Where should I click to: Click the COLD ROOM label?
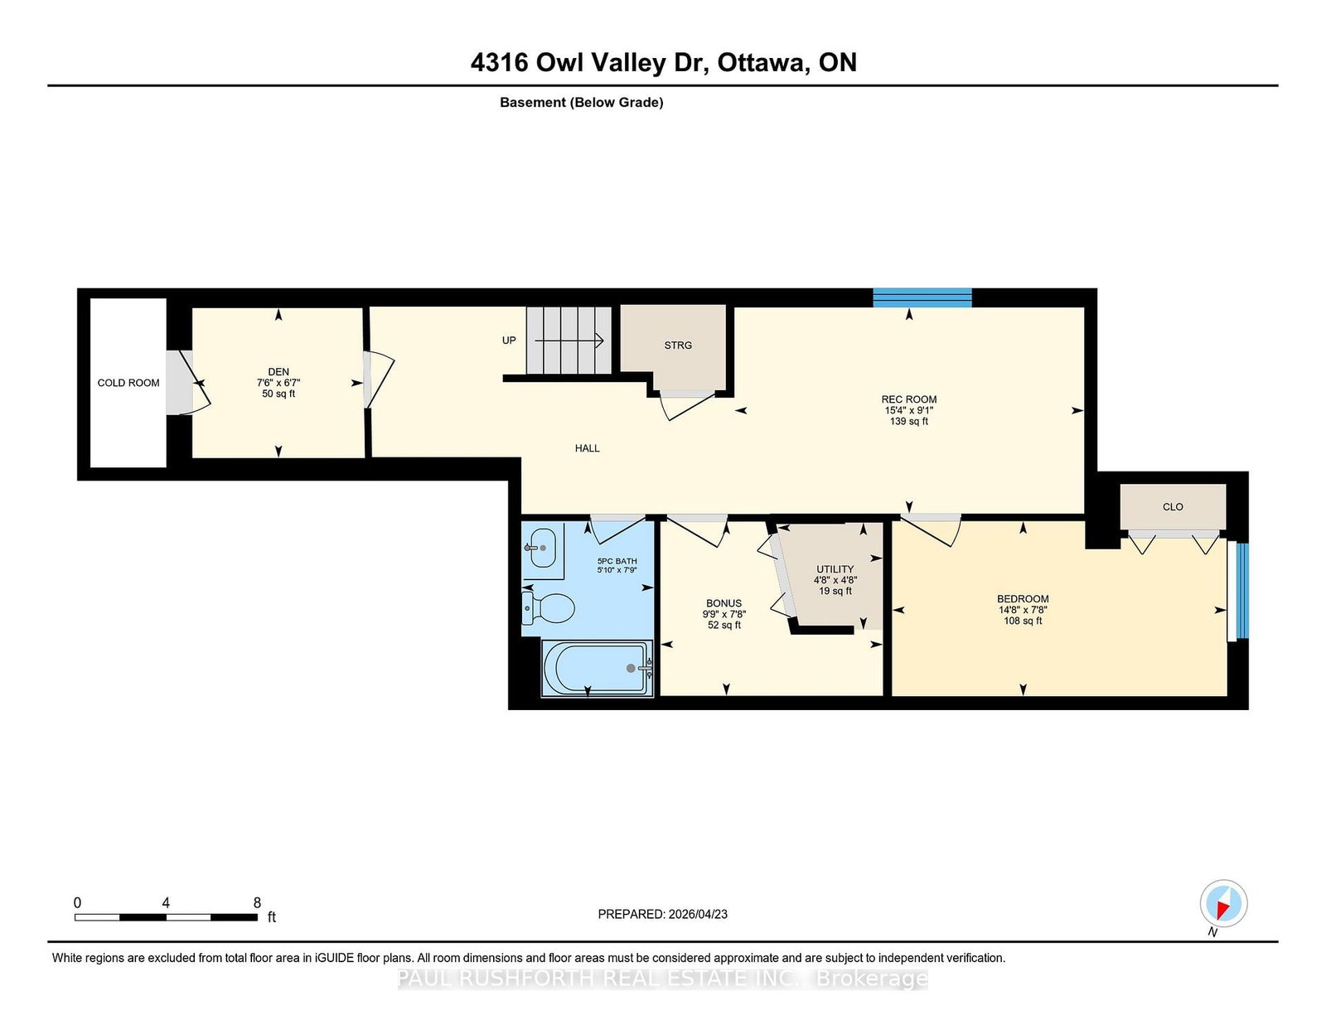128,383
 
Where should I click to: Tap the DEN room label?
278,371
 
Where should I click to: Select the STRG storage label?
678,346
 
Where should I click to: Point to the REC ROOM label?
908,399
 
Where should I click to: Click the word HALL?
587,448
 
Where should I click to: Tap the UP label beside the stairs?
509,341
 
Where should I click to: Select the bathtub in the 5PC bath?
596,668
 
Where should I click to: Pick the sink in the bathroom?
540,548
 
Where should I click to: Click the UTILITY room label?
835,569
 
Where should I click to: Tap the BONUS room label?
723,603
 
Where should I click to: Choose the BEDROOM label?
1023,599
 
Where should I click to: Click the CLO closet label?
1173,507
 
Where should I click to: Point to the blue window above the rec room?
922,297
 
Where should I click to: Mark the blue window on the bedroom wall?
1242,591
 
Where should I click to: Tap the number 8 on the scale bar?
257,902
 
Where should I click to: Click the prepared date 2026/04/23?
698,914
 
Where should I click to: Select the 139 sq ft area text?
908,422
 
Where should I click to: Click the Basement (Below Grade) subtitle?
582,103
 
